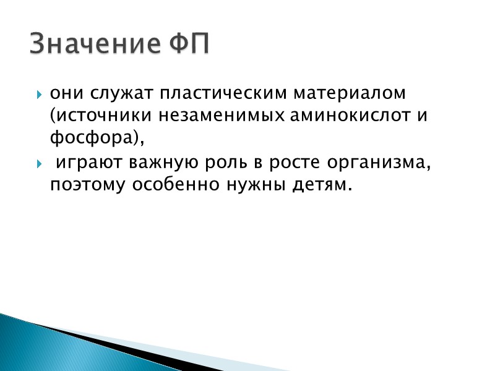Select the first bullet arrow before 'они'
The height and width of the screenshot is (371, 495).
point(39,95)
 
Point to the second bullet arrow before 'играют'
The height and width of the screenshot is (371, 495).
point(39,164)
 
